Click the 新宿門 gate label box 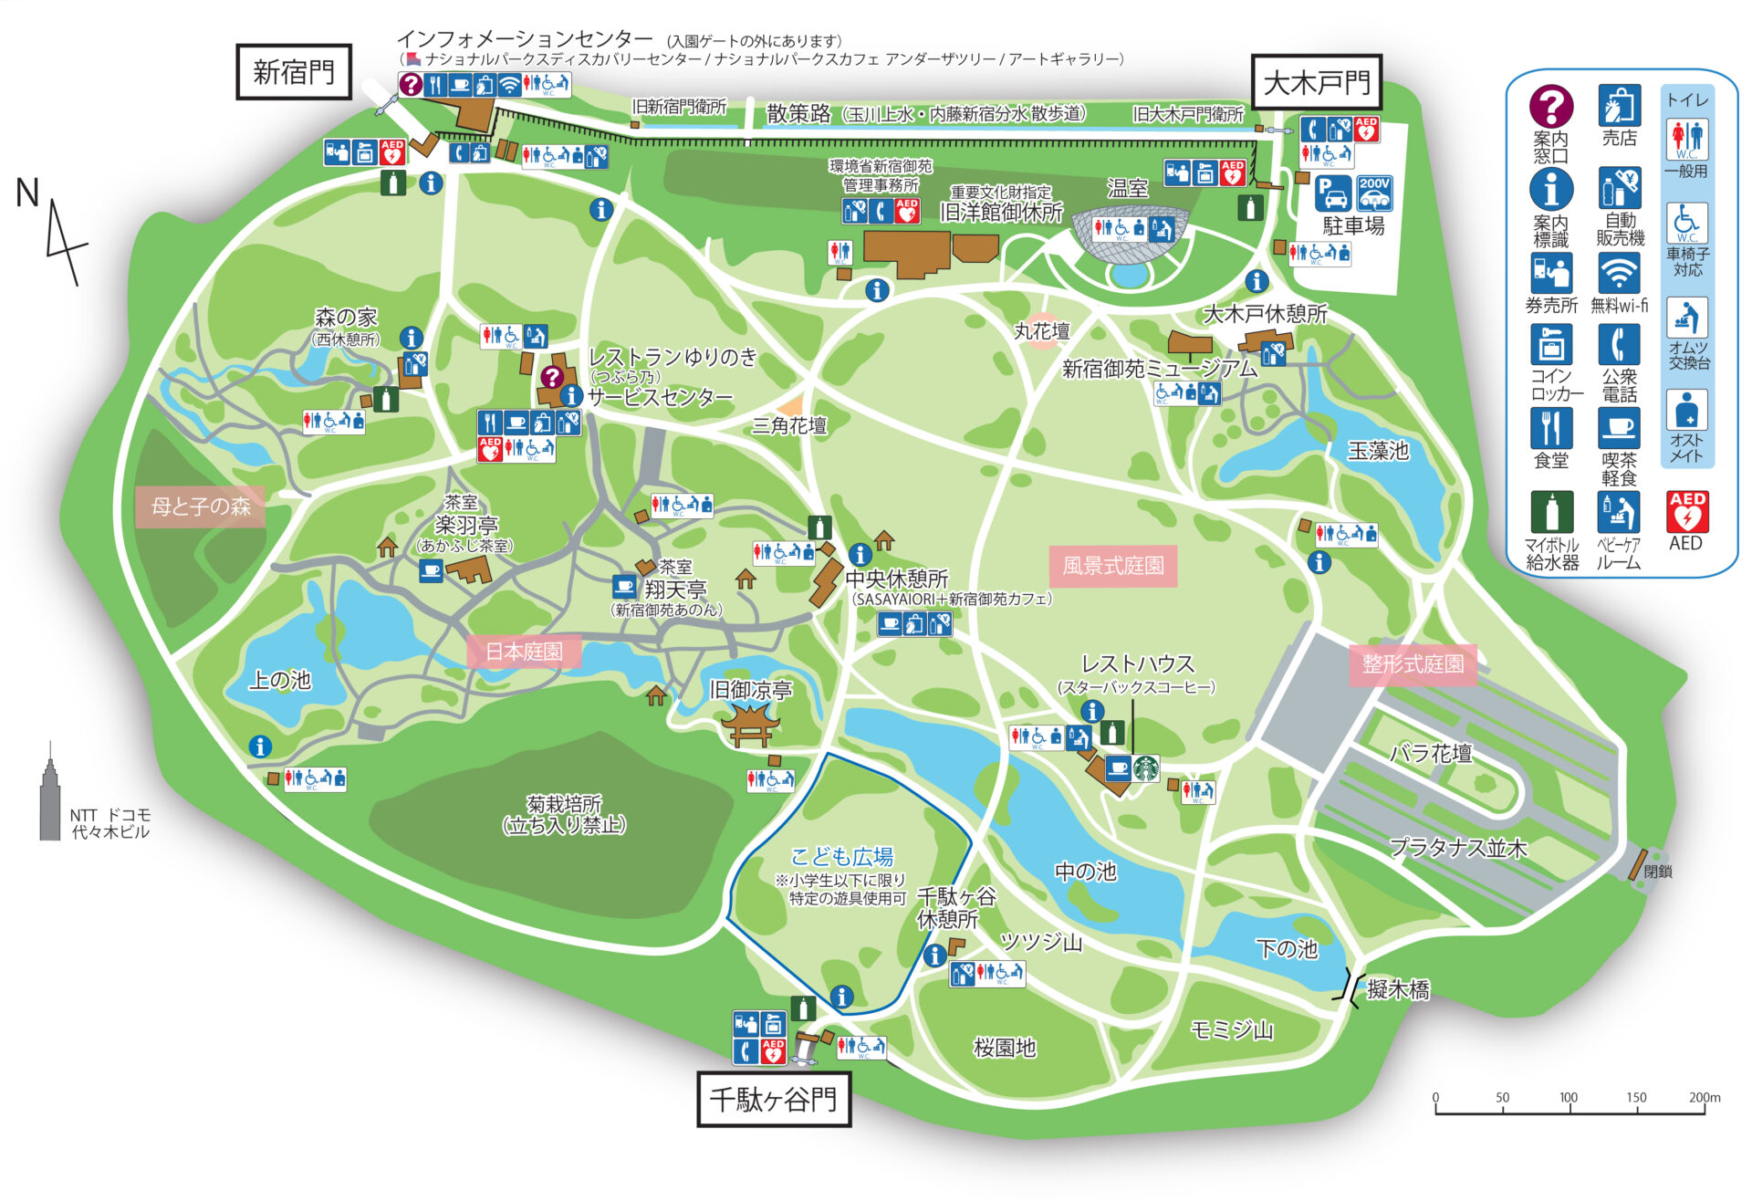coord(294,72)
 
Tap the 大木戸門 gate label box coord(1316,83)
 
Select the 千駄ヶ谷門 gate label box coord(773,1099)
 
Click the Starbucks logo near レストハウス coord(1146,768)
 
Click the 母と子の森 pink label coord(201,507)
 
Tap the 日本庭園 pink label coord(524,652)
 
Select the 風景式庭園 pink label coord(1112,566)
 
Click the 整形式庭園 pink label coord(1413,663)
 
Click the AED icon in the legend coord(1687,513)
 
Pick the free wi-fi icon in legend coord(1619,273)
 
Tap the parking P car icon coord(1333,194)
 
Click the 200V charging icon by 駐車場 coord(1374,194)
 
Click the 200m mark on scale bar coord(1703,1099)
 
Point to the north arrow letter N coord(28,193)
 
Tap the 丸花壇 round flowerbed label coord(1041,331)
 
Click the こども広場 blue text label coord(841,856)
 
